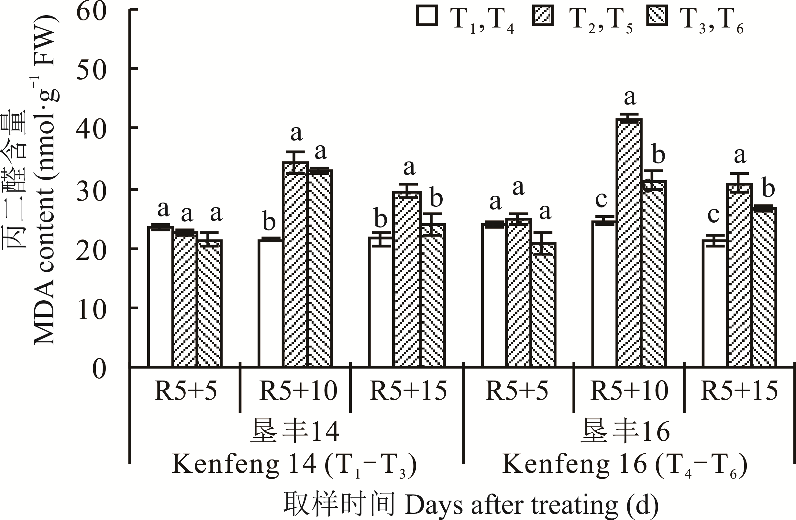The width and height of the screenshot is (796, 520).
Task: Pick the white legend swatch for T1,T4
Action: (x=427, y=16)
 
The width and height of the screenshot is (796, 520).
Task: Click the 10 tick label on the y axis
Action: (x=91, y=309)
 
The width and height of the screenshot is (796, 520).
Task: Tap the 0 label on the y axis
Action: (x=99, y=369)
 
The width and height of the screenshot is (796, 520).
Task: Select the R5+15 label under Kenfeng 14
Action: (x=408, y=391)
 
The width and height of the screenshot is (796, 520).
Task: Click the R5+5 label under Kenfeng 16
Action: (x=517, y=391)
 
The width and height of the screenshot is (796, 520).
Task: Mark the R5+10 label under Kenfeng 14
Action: (x=298, y=391)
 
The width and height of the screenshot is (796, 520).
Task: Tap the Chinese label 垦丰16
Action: (x=625, y=432)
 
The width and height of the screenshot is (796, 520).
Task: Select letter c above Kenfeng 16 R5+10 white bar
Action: (x=601, y=200)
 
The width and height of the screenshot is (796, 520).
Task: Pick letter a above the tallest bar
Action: (x=630, y=97)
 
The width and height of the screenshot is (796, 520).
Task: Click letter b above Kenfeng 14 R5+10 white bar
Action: (x=269, y=221)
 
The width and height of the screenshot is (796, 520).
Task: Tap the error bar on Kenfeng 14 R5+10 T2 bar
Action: (x=295, y=162)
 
